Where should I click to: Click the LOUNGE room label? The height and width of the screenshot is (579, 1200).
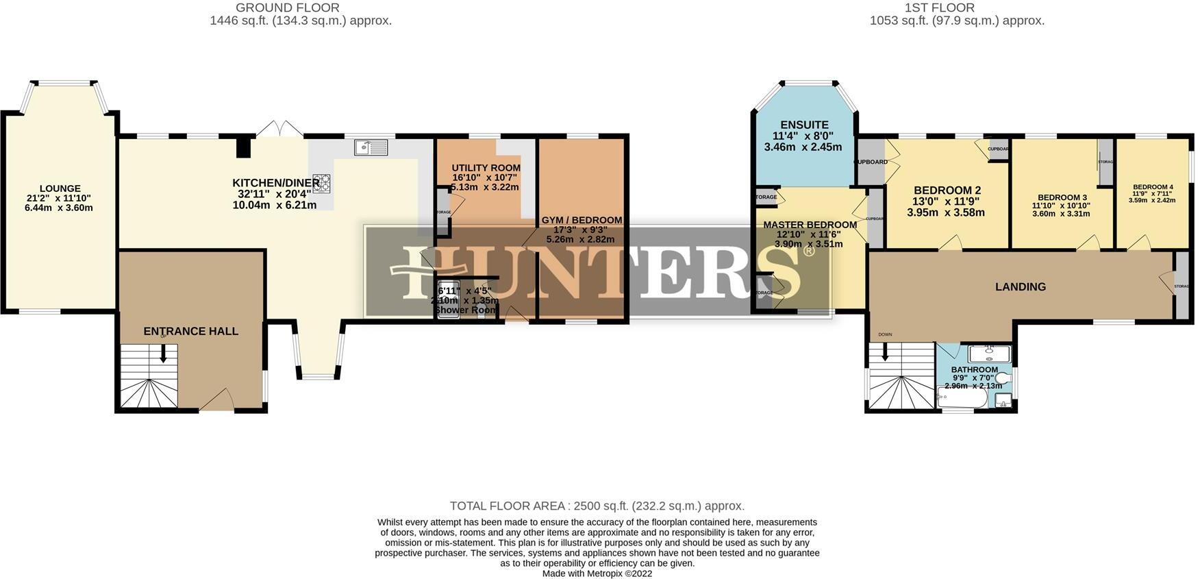coord(60,188)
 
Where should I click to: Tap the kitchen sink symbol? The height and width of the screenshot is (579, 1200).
coord(371,147)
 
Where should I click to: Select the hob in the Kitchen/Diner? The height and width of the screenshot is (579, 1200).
coord(322,182)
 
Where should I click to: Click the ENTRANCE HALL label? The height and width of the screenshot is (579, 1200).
coord(191,331)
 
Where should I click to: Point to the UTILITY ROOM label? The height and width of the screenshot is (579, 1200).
coord(486,168)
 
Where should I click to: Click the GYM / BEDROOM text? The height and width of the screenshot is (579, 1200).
coord(582,220)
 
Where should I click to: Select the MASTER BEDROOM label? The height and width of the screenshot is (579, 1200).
coord(810,225)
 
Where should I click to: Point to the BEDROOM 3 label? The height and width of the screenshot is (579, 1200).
coord(1062,197)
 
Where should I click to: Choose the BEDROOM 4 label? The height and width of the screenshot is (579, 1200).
coord(1153,187)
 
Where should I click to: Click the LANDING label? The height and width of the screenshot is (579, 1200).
coord(1020,287)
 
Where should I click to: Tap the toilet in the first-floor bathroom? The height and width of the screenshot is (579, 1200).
coord(1004,378)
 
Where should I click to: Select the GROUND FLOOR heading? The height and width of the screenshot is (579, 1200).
coord(288,8)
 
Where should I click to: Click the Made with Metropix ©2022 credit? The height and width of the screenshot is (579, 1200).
coord(597,574)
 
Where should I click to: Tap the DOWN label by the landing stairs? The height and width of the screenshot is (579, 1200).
coord(885,334)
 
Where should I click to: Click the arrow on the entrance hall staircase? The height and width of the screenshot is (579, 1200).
coord(163,354)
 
